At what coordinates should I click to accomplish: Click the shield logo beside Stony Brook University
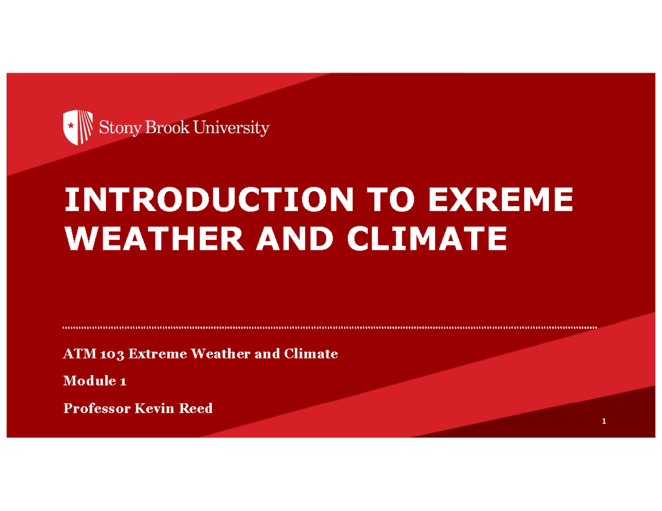(77, 127)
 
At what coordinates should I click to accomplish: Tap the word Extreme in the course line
(158, 354)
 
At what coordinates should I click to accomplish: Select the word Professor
(97, 408)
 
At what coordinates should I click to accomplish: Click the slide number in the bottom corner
(605, 422)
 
